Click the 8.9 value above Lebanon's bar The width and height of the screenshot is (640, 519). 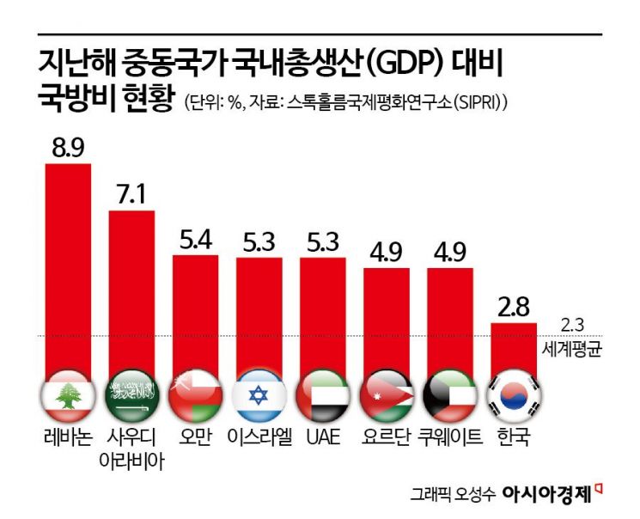point(68,148)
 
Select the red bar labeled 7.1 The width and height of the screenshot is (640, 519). point(131,292)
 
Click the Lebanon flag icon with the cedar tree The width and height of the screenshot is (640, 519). point(68,395)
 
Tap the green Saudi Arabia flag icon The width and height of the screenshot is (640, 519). point(131,395)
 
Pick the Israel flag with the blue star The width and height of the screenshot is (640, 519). point(259,395)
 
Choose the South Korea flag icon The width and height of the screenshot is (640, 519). point(514,395)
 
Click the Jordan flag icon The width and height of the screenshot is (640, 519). point(387,395)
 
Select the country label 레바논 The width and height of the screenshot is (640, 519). point(67,437)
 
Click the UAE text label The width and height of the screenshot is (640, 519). point(323,437)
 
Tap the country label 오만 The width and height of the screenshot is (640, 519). point(195,437)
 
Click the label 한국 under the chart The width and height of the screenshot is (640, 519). point(514,437)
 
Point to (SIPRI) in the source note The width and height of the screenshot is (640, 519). point(478,102)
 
